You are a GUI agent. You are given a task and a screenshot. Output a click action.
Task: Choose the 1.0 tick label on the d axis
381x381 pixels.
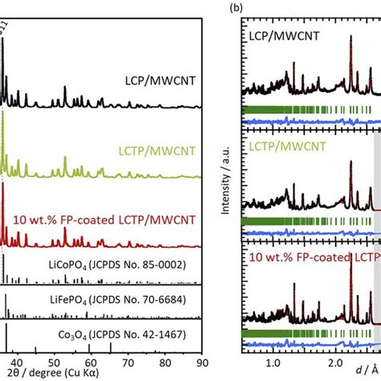click(x=275, y=361)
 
